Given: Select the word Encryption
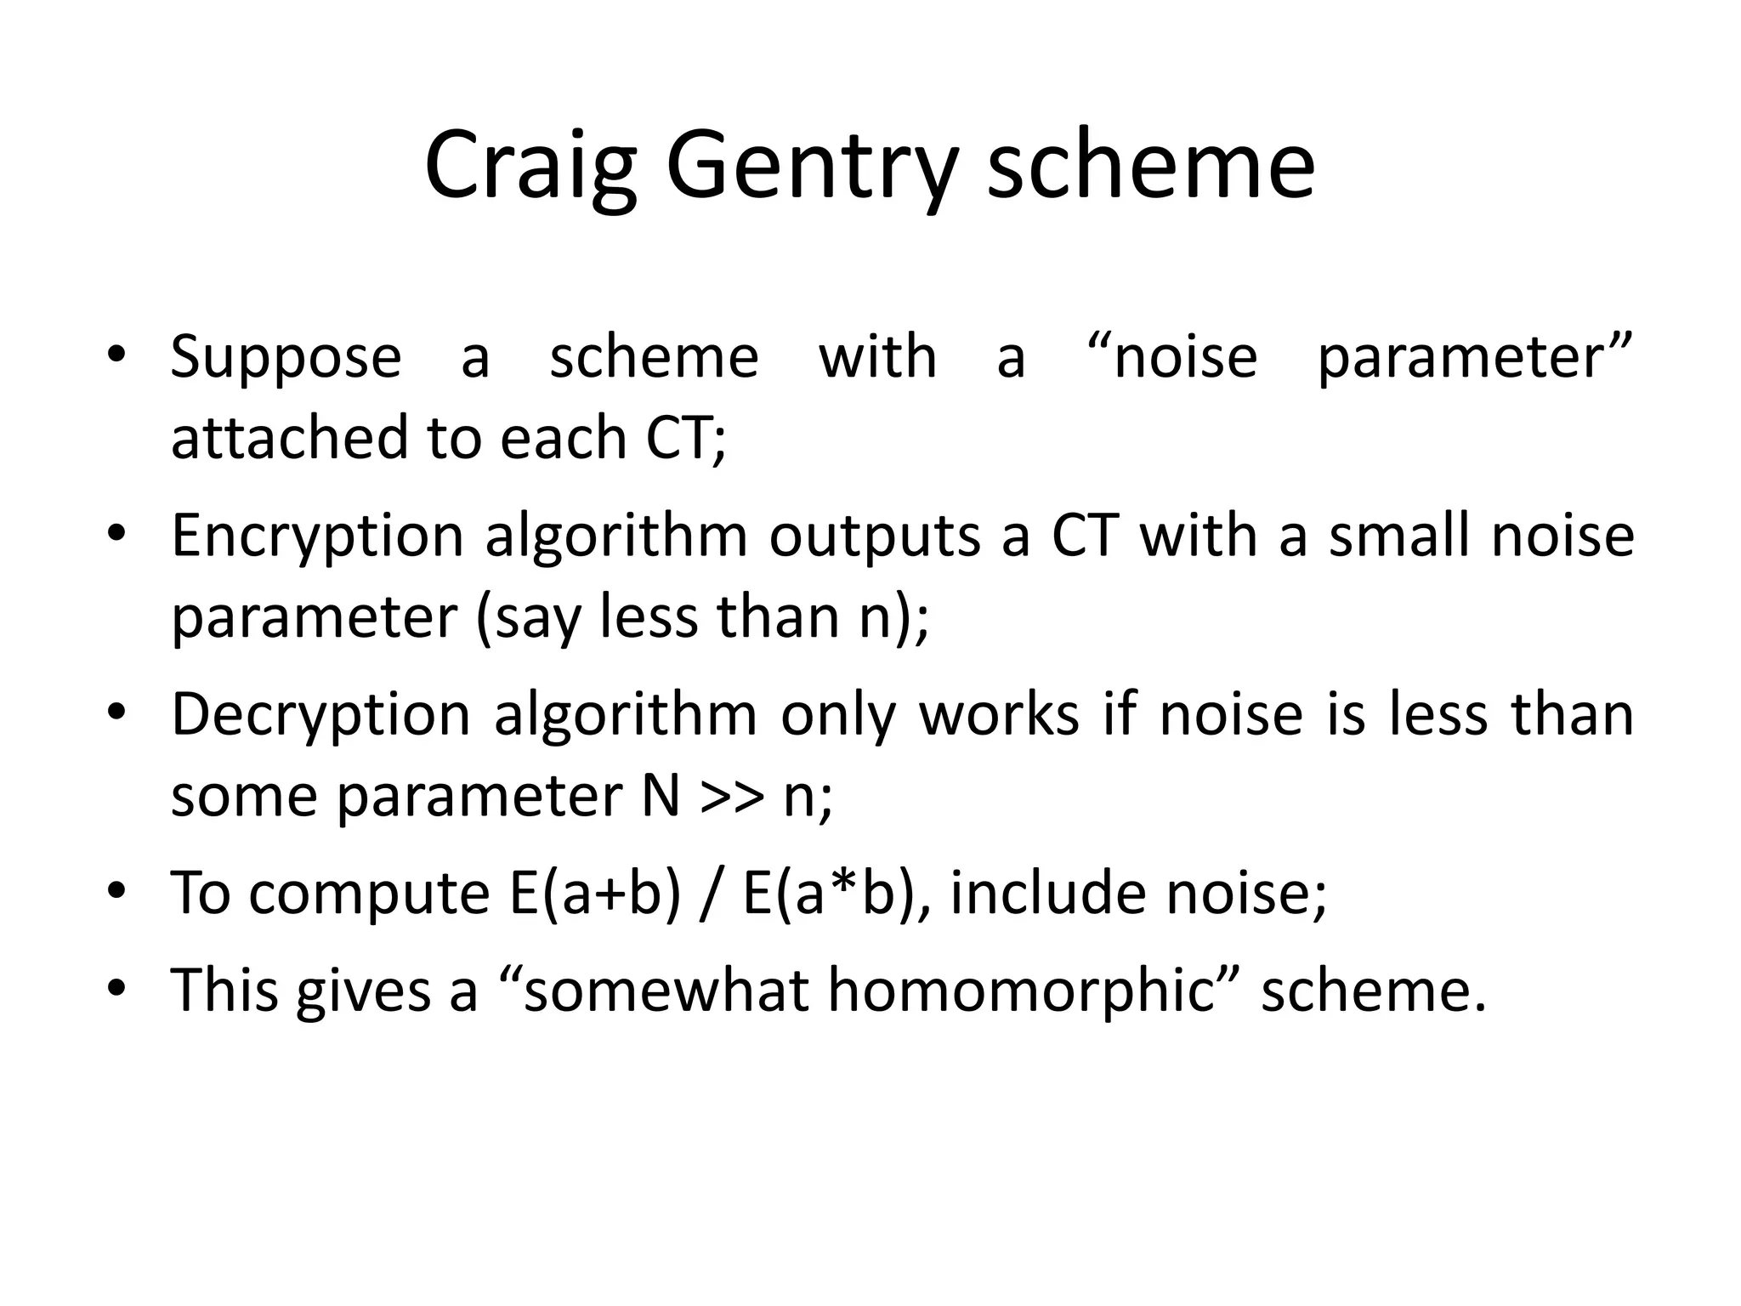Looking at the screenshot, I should click(x=317, y=537).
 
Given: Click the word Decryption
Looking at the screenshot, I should click(x=320, y=716).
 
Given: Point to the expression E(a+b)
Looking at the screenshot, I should click(x=595, y=894).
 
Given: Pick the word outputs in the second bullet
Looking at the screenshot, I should click(x=875, y=537).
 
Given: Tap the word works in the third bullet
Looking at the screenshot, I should click(x=999, y=716).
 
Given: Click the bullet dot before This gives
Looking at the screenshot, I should click(x=116, y=987).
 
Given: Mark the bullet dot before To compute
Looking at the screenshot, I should click(x=116, y=891).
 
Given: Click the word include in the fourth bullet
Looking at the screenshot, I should click(x=1049, y=894).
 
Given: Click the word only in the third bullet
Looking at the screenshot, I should click(x=837, y=716).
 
